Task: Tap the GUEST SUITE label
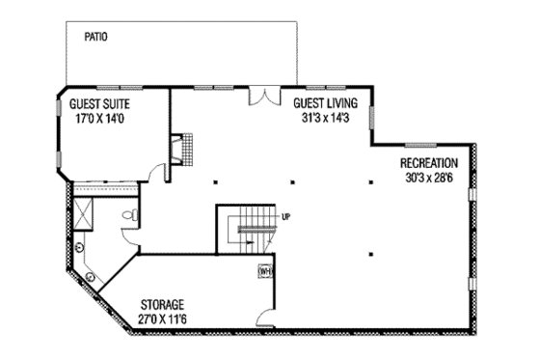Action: (99, 103)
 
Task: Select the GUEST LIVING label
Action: (325, 101)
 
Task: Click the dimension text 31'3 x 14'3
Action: (325, 116)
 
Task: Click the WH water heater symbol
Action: (264, 272)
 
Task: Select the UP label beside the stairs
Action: (286, 216)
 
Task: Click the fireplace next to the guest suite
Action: (177, 150)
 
